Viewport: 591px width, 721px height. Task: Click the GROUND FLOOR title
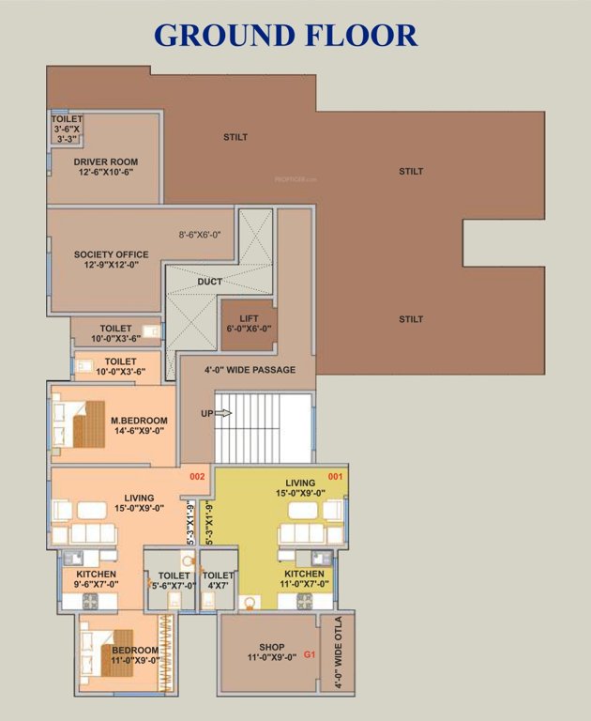(x=286, y=35)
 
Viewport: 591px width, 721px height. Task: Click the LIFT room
(x=249, y=323)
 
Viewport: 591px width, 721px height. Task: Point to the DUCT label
(x=209, y=282)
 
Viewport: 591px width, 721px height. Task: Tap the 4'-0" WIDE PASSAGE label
(x=250, y=370)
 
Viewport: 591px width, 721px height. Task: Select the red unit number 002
(x=197, y=477)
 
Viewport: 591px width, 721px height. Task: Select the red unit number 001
(x=336, y=477)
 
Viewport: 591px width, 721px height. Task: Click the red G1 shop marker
(x=309, y=654)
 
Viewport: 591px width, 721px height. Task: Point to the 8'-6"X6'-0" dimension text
(x=200, y=235)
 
